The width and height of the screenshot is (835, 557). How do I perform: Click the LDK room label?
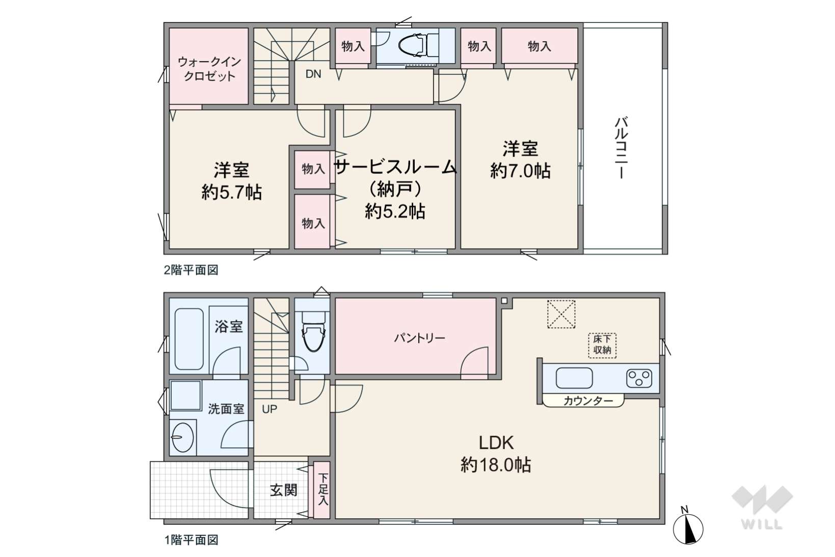pyautogui.click(x=496, y=443)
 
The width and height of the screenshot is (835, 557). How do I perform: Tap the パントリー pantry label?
pyautogui.click(x=419, y=338)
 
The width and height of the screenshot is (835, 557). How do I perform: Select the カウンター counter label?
pyautogui.click(x=588, y=401)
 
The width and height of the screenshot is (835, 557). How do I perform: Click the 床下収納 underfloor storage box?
pyautogui.click(x=602, y=345)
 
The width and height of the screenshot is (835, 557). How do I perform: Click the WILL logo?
pyautogui.click(x=762, y=508)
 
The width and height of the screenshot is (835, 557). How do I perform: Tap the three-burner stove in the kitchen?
pyautogui.click(x=639, y=378)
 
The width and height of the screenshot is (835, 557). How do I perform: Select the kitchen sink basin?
pyautogui.click(x=574, y=378)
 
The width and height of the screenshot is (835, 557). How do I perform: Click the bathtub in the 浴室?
pyautogui.click(x=189, y=338)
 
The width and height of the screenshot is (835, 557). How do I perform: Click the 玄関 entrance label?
pyautogui.click(x=284, y=490)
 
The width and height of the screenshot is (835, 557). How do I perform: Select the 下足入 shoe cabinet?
pyautogui.click(x=321, y=490)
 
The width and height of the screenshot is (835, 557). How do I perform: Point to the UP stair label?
pyautogui.click(x=270, y=409)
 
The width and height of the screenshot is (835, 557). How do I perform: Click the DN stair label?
pyautogui.click(x=313, y=74)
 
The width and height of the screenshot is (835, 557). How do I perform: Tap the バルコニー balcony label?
pyautogui.click(x=622, y=148)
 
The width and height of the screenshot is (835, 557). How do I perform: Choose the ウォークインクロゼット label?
pyautogui.click(x=209, y=69)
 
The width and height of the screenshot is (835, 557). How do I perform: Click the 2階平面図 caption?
pyautogui.click(x=191, y=270)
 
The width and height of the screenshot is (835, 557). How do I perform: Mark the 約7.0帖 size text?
pyautogui.click(x=520, y=171)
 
